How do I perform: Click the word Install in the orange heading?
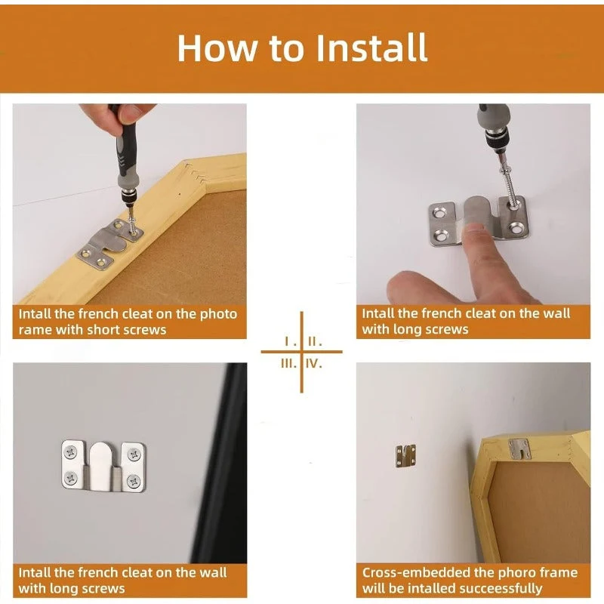[371, 48]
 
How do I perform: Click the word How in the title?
[217, 48]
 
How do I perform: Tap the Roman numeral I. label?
[290, 341]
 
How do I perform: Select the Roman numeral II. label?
[315, 341]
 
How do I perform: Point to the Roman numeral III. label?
[289, 363]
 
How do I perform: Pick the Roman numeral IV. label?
[314, 363]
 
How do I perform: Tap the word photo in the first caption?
[218, 314]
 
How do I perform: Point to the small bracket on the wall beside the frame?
[406, 456]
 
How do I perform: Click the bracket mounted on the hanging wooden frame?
[519, 448]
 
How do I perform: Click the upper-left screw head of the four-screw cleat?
[70, 452]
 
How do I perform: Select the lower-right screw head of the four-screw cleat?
[134, 481]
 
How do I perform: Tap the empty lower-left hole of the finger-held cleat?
[439, 233]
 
